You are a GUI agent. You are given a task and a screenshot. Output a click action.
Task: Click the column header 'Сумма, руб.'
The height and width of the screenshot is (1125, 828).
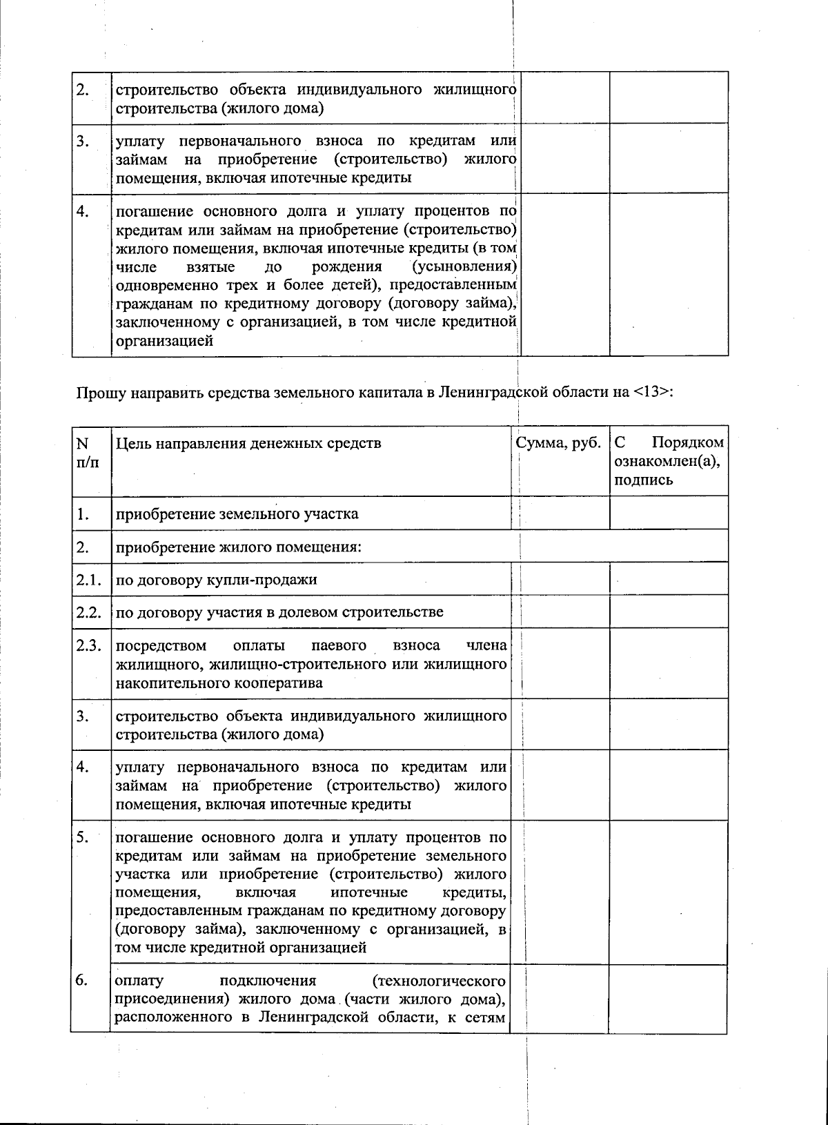(558, 443)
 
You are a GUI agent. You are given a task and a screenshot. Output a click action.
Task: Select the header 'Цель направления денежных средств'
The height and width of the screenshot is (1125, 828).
(248, 443)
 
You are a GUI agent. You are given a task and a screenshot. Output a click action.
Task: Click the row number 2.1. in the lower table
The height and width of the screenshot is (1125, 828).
(89, 580)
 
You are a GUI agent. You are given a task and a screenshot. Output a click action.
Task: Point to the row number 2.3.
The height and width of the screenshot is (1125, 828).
(89, 646)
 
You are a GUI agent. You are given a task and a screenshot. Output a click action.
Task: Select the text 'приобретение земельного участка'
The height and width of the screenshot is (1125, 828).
(237, 514)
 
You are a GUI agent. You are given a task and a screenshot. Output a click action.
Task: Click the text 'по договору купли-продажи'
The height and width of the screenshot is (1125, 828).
(216, 580)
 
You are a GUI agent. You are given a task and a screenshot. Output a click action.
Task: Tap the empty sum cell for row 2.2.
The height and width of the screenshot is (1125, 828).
(560, 612)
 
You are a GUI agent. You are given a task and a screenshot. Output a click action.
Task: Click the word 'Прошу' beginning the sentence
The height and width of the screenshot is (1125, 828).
(97, 393)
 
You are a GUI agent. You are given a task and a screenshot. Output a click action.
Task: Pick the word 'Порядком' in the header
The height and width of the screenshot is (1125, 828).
(688, 443)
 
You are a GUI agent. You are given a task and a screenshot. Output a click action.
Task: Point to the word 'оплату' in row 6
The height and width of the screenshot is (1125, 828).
(139, 981)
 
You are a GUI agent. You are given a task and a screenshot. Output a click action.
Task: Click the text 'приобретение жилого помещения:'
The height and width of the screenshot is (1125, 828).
(239, 547)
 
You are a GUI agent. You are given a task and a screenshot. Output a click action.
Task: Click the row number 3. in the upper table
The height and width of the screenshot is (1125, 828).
(82, 141)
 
